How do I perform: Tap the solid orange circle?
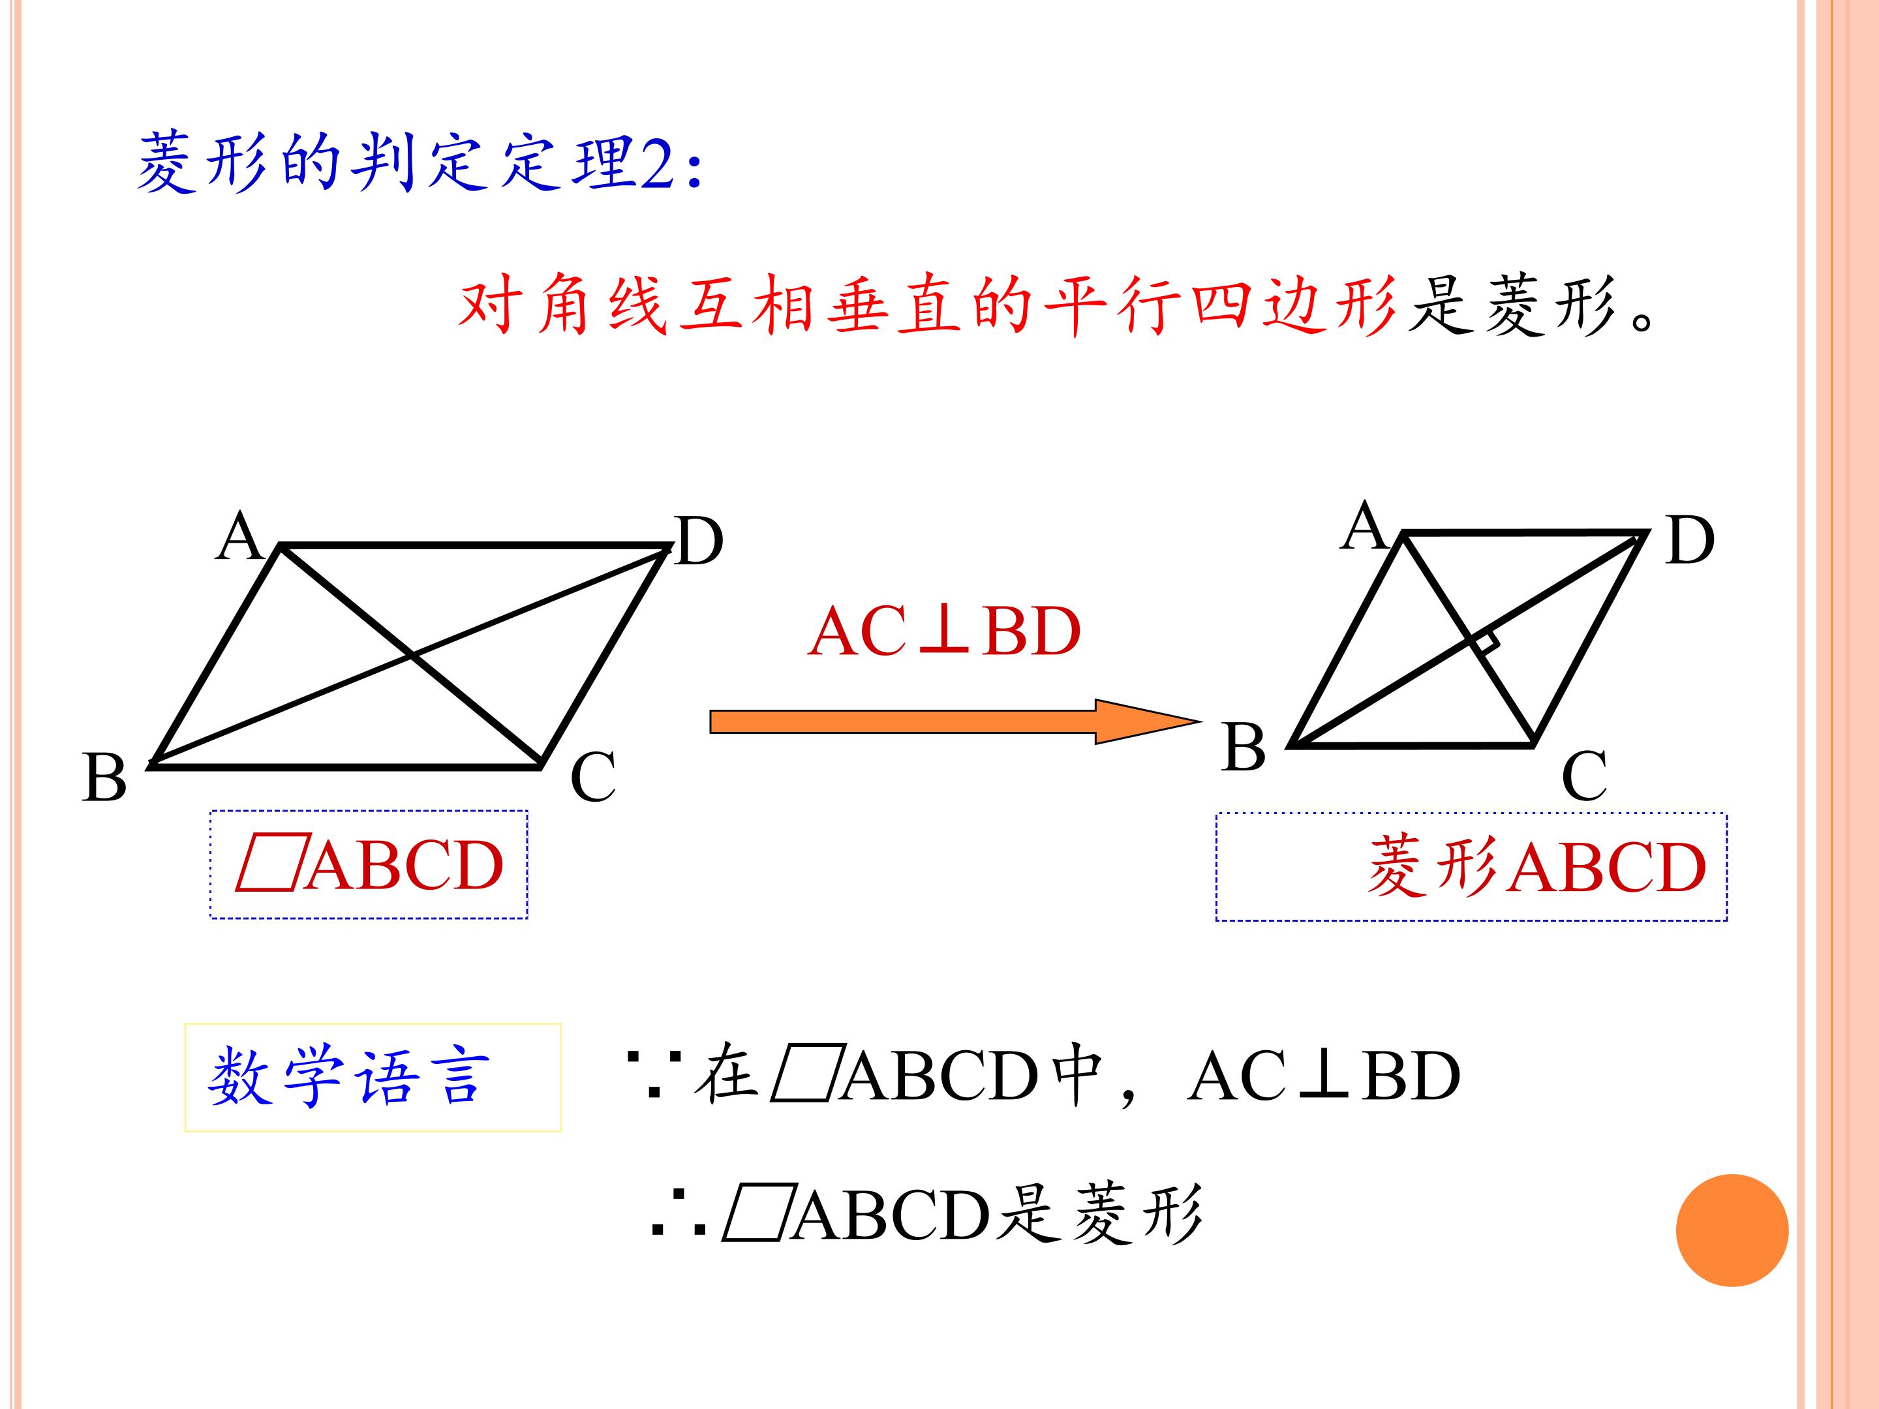tap(1732, 1230)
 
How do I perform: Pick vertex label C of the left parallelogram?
tap(593, 776)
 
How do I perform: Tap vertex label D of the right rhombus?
tap(1690, 540)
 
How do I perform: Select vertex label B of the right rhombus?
tap(1244, 748)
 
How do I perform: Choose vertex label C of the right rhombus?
tap(1584, 776)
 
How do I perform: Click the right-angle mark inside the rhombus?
tap(1485, 642)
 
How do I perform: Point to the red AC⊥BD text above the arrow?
tap(945, 632)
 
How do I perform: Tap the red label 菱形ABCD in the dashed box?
tap(1536, 867)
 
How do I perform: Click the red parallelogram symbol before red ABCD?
tap(268, 866)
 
